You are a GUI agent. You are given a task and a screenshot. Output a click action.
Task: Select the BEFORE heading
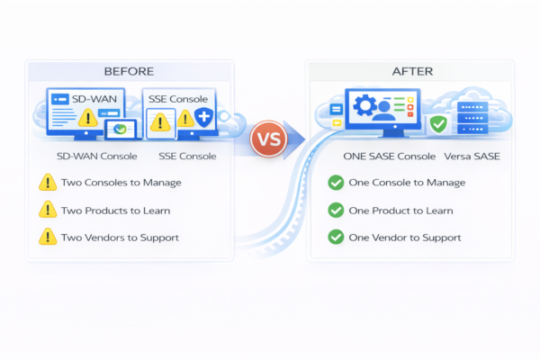click(x=129, y=71)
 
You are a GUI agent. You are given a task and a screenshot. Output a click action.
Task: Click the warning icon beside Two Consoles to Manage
click(x=47, y=183)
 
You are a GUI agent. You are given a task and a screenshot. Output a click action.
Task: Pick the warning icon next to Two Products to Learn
click(x=47, y=210)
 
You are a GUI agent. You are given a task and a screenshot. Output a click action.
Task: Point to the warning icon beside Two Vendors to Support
click(x=47, y=237)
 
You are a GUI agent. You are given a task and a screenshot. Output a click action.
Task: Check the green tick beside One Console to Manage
click(x=336, y=183)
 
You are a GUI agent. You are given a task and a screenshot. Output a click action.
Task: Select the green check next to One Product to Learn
click(x=336, y=210)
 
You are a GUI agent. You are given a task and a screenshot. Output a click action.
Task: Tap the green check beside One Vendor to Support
click(x=336, y=237)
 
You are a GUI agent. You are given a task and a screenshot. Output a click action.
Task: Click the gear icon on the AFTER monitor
click(x=366, y=106)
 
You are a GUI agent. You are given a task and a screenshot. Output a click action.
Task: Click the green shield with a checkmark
click(x=438, y=123)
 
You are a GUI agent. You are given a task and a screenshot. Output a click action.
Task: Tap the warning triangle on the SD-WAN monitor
click(x=87, y=118)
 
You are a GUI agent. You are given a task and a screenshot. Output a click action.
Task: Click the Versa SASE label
click(x=472, y=157)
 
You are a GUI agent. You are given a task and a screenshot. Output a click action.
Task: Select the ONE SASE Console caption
click(x=390, y=157)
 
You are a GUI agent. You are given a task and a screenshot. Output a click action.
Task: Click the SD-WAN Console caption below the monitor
click(x=96, y=157)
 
